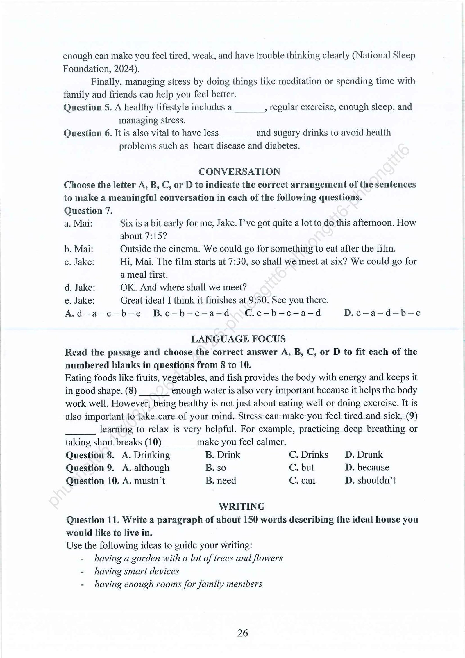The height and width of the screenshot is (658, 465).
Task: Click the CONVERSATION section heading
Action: pyautogui.click(x=239, y=172)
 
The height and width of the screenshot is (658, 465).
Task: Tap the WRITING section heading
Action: pyautogui.click(x=242, y=507)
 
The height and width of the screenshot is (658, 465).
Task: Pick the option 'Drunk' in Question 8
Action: pyautogui.click(x=370, y=454)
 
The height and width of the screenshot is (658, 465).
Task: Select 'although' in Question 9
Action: pyautogui.click(x=151, y=468)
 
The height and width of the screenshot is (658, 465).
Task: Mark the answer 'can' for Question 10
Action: pyautogui.click(x=308, y=480)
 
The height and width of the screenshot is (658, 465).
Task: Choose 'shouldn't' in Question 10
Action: pyautogui.click(x=376, y=480)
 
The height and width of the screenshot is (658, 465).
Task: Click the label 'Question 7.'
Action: pyautogui.click(x=88, y=211)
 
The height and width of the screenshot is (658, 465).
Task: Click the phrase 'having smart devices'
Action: pyautogui.click(x=137, y=571)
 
